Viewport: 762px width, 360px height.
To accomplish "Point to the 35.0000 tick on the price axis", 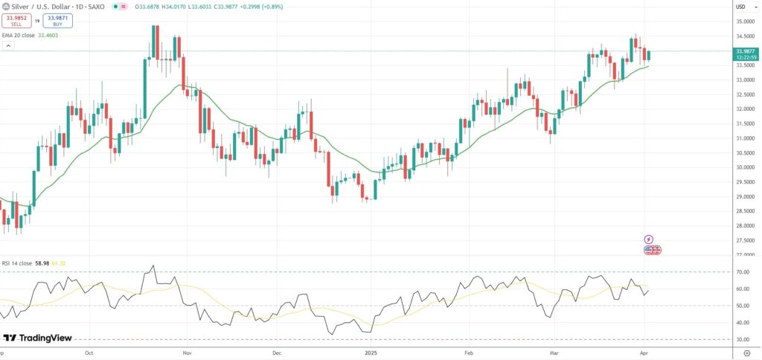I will click(743, 22).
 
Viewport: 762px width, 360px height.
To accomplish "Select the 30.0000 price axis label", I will click(743, 167).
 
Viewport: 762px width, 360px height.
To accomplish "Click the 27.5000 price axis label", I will click(743, 240).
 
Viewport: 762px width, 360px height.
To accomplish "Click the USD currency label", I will click(740, 7).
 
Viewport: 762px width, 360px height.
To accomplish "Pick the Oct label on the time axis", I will click(89, 354).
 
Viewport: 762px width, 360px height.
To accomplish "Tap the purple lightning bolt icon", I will click(648, 240).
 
